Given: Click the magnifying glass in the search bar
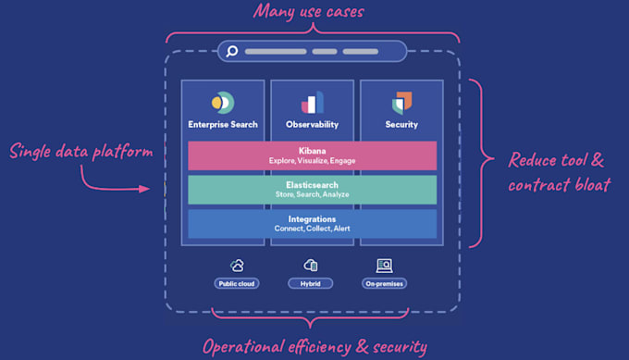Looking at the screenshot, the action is [x=232, y=52].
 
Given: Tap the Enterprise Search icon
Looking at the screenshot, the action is [x=223, y=103].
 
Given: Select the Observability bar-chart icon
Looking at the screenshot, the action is [x=312, y=103].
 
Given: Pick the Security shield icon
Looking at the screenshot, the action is [x=401, y=103].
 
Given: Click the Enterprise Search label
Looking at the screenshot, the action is [x=223, y=124].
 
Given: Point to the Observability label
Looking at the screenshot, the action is [x=312, y=124].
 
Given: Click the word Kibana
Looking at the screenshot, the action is [x=312, y=151].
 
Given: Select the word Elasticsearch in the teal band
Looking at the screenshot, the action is [x=312, y=185].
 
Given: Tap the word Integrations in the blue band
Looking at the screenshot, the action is [x=312, y=219].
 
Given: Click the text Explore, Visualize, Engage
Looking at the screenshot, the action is [x=312, y=160].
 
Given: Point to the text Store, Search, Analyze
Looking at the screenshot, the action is [x=312, y=194].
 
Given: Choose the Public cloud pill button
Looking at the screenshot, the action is [x=237, y=284].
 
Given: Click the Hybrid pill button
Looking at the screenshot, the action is [x=311, y=284].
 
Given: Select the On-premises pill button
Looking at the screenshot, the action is [x=384, y=284].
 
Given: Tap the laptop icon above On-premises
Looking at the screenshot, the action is [x=384, y=266].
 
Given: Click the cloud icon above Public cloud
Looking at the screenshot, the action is [x=237, y=266].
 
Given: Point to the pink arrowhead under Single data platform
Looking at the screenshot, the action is [x=144, y=189].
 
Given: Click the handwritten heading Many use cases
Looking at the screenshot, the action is [x=308, y=12].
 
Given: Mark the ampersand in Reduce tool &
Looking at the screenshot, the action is [x=598, y=160].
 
